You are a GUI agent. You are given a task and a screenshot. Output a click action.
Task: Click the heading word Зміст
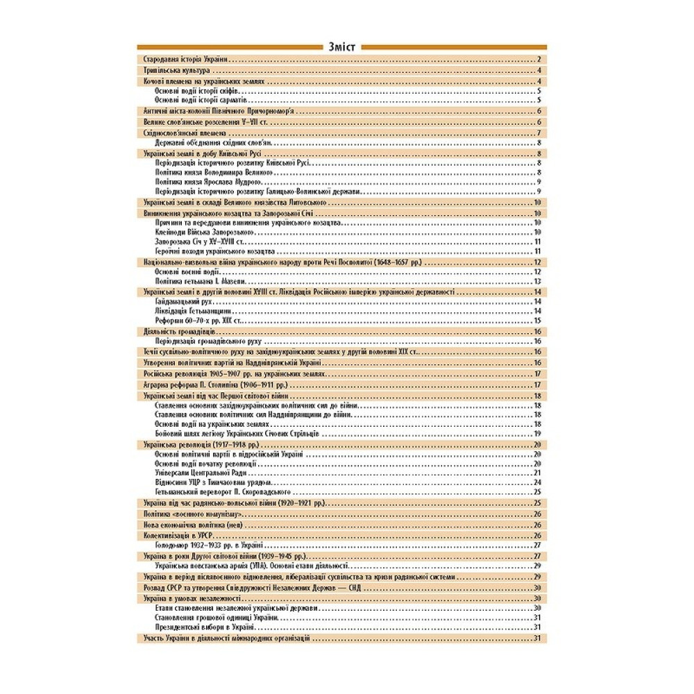(344, 47)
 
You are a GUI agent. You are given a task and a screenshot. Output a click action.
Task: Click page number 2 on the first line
(539, 60)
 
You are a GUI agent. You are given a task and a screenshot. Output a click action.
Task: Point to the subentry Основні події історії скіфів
(198, 91)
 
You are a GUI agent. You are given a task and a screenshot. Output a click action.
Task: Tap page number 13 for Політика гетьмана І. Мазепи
(537, 282)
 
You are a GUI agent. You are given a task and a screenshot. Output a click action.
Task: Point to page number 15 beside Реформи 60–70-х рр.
(537, 322)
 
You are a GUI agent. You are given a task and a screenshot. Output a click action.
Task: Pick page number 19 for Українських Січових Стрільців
(537, 433)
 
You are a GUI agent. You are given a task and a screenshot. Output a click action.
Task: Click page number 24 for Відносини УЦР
(537, 482)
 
